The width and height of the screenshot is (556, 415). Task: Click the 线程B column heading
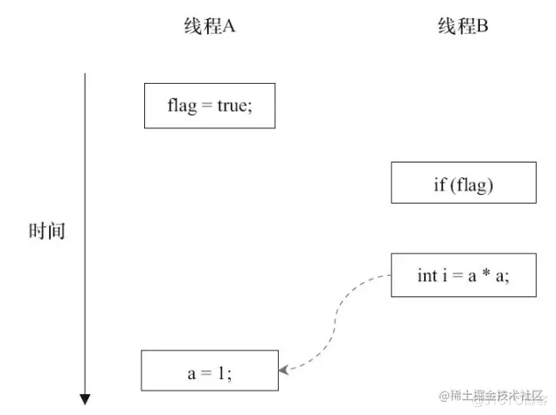[x=462, y=26]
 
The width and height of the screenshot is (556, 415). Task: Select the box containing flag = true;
[x=210, y=106]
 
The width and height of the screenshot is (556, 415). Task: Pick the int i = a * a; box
[x=463, y=275]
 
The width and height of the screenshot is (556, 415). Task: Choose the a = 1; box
[x=209, y=370]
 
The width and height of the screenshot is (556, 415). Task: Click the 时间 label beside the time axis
[x=46, y=232]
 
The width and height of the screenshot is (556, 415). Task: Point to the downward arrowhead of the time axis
[x=85, y=399]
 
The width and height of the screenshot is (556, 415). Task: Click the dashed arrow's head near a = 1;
[x=284, y=370]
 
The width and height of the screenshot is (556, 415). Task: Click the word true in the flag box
[x=234, y=107]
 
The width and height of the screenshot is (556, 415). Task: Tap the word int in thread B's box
[x=427, y=275]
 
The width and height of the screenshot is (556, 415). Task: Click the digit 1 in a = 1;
[x=222, y=370]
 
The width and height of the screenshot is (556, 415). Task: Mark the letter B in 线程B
[x=482, y=26]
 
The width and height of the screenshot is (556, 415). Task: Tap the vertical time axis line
[x=85, y=227]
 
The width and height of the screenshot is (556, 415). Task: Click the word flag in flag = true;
[x=182, y=107]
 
